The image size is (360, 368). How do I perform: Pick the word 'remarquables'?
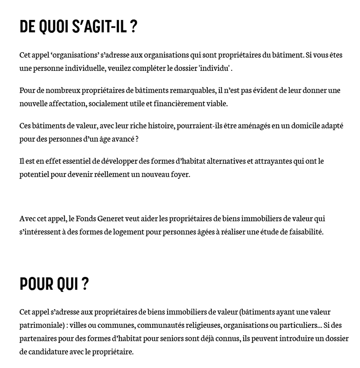click(190, 90)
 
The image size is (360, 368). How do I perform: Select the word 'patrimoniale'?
click(38, 325)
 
